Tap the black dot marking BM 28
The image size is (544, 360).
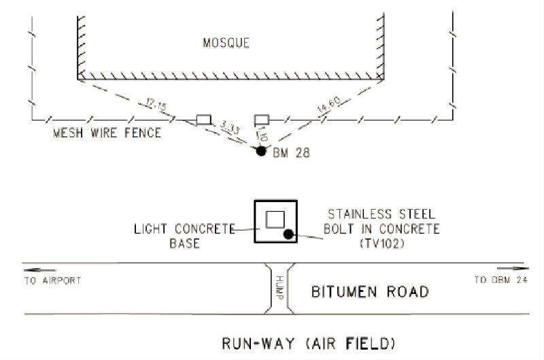click(260, 151)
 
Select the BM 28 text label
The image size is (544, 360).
click(291, 154)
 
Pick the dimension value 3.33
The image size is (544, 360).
click(232, 129)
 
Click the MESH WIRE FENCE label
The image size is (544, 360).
click(107, 133)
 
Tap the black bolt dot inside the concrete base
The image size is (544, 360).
click(288, 235)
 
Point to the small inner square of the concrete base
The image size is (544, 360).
click(275, 219)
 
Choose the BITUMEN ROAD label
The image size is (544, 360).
click(370, 293)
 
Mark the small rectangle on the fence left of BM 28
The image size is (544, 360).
click(203, 120)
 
